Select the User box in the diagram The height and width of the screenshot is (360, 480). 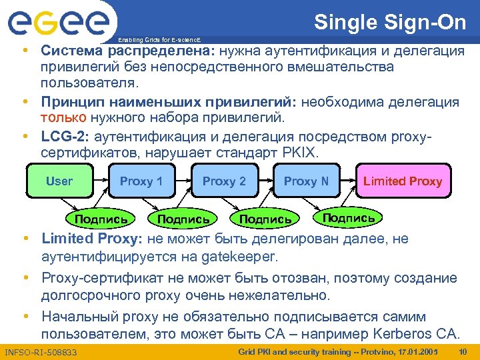point(59,181)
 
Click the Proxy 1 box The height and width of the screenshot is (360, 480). point(141,181)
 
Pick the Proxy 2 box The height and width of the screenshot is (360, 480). point(224,181)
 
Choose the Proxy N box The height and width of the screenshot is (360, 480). point(306,181)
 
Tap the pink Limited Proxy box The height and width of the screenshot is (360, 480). point(402,181)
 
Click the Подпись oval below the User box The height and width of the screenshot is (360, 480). point(101,219)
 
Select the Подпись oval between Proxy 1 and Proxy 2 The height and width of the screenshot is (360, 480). point(183,219)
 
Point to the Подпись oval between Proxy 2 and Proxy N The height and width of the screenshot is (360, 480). point(265,219)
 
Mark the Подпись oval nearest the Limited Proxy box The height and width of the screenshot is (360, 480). point(348,217)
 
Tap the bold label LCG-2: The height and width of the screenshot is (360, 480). point(65,137)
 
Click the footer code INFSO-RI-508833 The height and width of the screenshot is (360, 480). point(41,352)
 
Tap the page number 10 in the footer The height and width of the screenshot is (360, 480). point(465,351)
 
